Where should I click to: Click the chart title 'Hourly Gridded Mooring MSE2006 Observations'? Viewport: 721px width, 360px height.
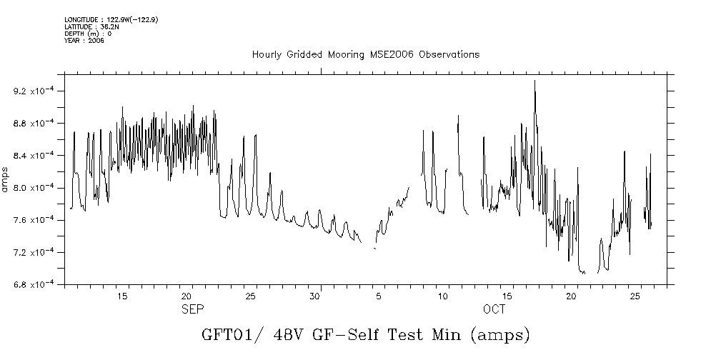365,55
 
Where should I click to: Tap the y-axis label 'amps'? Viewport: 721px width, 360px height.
6,178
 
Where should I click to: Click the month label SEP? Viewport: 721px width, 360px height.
192,309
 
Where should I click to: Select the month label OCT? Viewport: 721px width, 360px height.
494,309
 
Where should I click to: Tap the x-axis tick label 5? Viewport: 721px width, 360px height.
379,296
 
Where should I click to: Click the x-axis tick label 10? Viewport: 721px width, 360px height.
443,296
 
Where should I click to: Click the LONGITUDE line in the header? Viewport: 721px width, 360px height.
111,19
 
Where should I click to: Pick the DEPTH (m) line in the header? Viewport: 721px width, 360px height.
88,34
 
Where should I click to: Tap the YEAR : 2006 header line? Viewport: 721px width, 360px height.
85,41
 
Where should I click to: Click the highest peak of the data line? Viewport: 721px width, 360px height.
534,81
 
